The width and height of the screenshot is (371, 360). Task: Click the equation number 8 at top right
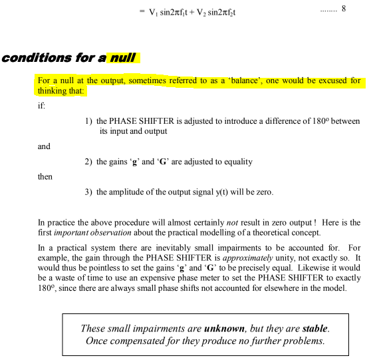pyautogui.click(x=343, y=11)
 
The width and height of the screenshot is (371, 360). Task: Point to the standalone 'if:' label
pyautogui.click(x=43, y=106)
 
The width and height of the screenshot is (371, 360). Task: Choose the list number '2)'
pyautogui.click(x=88, y=162)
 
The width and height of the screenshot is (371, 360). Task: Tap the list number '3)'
pyautogui.click(x=88, y=192)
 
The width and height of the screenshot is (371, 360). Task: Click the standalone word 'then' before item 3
pyautogui.click(x=45, y=177)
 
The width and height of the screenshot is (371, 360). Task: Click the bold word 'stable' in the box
pyautogui.click(x=314, y=329)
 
